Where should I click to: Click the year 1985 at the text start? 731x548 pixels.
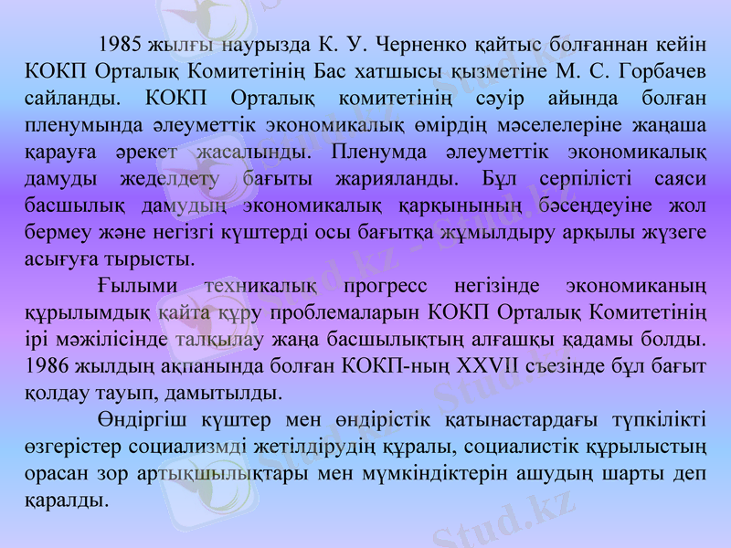pos(119,44)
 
